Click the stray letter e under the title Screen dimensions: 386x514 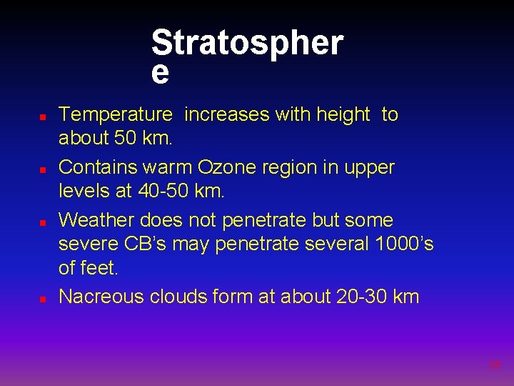click(161, 73)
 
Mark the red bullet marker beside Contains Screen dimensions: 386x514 click(43, 169)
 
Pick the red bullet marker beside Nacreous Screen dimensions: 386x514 click(43, 298)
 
